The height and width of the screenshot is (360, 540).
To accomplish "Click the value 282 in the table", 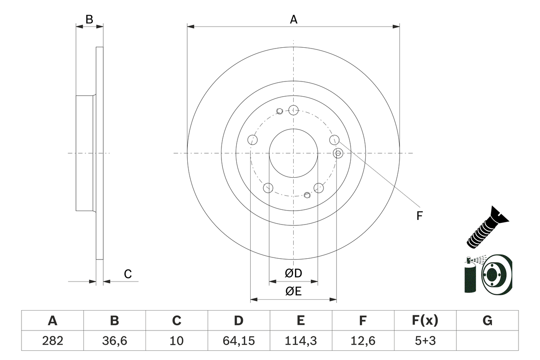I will click(52, 341).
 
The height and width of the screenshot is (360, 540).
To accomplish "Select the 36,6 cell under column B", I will click(114, 341).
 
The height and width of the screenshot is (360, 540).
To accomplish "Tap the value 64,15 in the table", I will click(238, 341).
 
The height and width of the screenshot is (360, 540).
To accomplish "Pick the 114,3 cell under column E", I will click(300, 341).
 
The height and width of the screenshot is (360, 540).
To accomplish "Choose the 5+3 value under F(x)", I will click(425, 341).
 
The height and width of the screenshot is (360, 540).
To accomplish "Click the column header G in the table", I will click(487, 321).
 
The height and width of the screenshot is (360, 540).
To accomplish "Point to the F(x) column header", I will click(425, 321).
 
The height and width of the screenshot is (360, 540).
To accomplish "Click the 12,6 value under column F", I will click(362, 341).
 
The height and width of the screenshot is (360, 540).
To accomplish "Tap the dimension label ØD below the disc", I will click(294, 273).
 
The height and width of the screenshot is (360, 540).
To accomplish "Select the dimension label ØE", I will click(294, 291).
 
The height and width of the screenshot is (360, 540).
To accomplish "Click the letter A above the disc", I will click(294, 19).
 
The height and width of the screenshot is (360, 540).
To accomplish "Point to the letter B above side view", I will click(89, 19).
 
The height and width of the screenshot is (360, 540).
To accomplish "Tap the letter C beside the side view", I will click(128, 274).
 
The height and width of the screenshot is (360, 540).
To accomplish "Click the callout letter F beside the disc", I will click(419, 216).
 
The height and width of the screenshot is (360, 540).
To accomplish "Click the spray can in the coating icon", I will click(470, 276).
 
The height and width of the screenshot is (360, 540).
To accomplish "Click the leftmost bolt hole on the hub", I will click(252, 140).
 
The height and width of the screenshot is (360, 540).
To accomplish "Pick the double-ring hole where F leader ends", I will click(338, 153).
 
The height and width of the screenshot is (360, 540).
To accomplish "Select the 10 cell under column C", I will click(176, 341).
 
